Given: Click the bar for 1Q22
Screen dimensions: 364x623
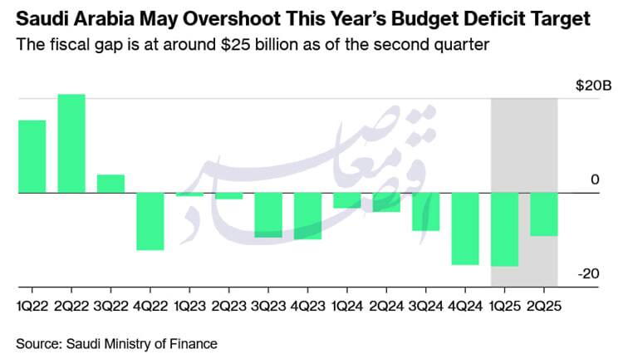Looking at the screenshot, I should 32,156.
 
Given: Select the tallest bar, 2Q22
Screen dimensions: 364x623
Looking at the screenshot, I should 71,143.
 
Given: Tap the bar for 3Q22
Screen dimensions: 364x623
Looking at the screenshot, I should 110,184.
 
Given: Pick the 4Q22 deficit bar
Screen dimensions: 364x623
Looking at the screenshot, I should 150,221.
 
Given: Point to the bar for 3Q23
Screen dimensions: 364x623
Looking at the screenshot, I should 268,214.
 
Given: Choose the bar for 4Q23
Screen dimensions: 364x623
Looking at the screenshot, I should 307,216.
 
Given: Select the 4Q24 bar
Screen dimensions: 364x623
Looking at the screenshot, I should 465,229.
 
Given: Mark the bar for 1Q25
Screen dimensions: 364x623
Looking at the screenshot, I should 504,229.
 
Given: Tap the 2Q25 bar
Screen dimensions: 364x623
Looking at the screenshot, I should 544,214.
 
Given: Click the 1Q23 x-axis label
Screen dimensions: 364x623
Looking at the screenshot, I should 189,305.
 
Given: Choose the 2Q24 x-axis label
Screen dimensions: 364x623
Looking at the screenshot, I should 386,305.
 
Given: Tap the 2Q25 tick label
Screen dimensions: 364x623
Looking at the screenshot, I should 544,305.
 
